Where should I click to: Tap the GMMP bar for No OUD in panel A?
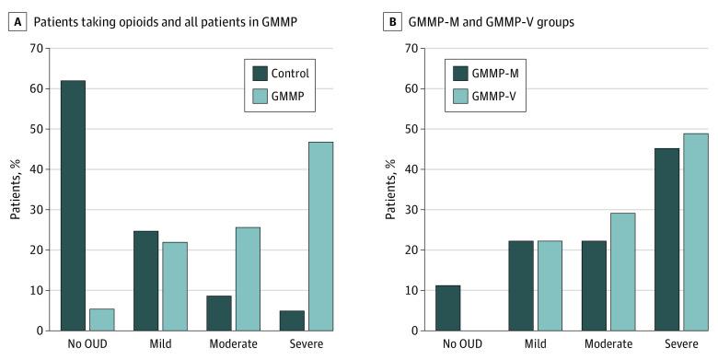(x=101, y=319)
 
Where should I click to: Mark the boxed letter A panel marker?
(x=15, y=13)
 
